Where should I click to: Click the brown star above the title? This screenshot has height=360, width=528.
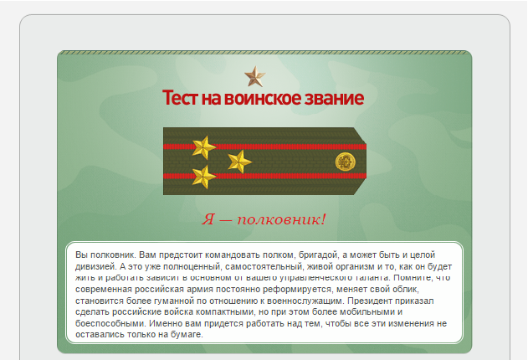coord(254,77)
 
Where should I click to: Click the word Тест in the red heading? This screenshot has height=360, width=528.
coord(181,99)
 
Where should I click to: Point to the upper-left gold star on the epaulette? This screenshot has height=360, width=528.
coord(203,147)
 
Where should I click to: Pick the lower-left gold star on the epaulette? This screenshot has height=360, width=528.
coord(203,175)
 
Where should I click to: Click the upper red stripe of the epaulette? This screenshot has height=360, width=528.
coord(268,146)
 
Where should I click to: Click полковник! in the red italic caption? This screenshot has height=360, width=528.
coord(281,219)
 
